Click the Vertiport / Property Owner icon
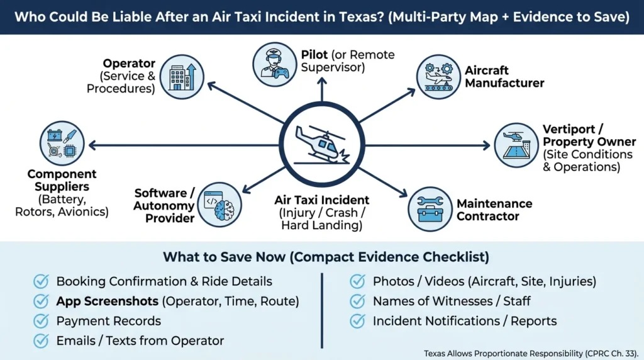pyautogui.click(x=515, y=145)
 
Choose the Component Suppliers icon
pyautogui.click(x=62, y=145)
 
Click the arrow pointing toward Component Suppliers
pyautogui.click(x=182, y=145)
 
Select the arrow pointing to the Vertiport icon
pyautogui.click(x=428, y=145)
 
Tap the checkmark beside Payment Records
pyautogui.click(x=42, y=321)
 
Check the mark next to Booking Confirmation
pyautogui.click(x=42, y=281)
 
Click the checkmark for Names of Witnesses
pyautogui.click(x=357, y=301)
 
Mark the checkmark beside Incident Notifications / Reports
pyautogui.click(x=357, y=321)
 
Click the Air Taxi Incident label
pyautogui.click(x=321, y=200)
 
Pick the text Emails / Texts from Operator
pyautogui.click(x=140, y=340)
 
